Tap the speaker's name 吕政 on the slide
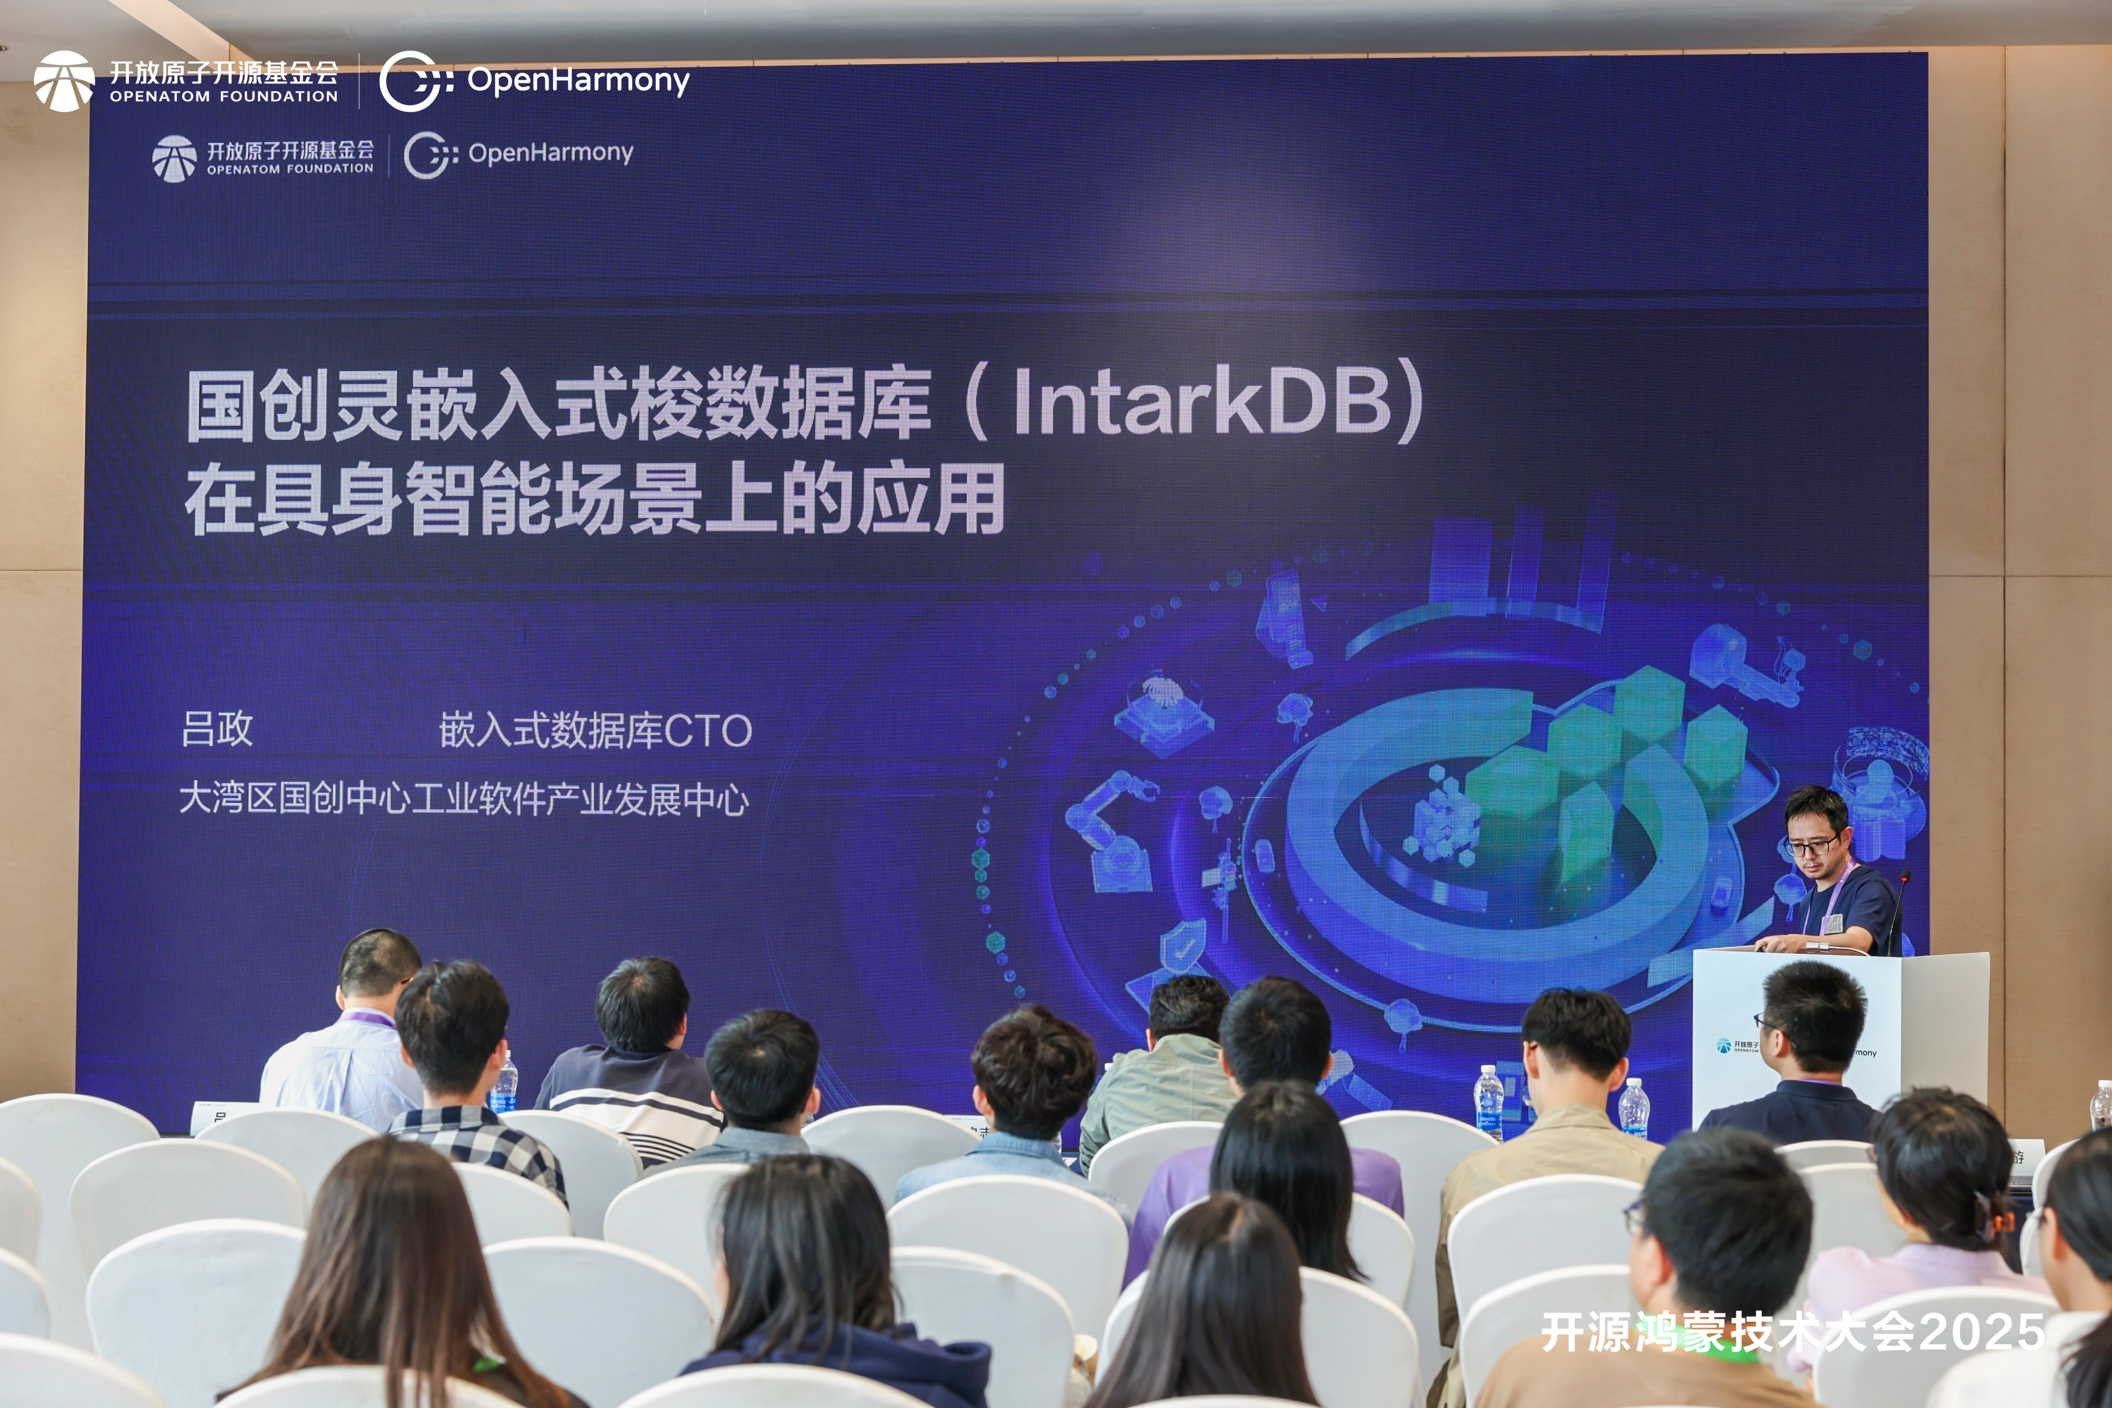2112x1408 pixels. click(x=218, y=729)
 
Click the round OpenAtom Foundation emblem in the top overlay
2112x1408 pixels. click(x=64, y=81)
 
